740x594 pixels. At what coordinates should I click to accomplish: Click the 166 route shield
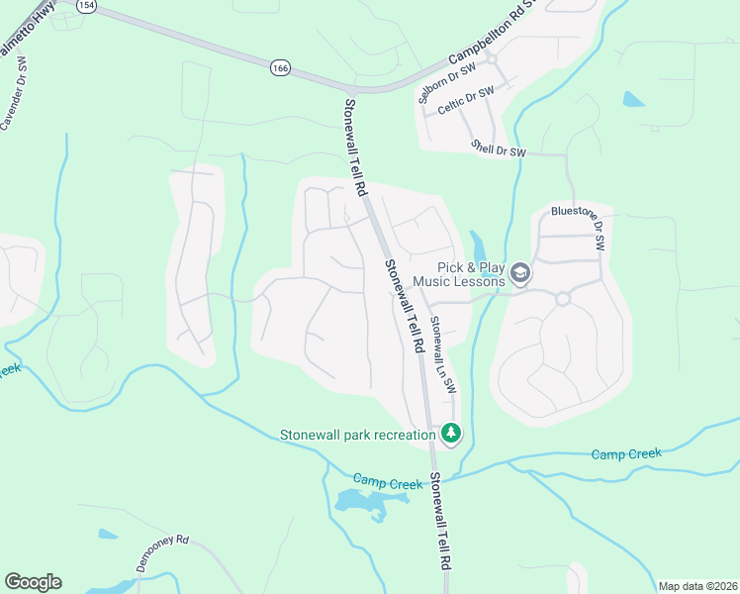[281, 68]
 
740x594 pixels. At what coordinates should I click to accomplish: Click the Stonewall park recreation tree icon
[451, 433]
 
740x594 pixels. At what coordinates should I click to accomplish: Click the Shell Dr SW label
[499, 148]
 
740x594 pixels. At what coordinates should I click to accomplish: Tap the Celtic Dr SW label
[465, 101]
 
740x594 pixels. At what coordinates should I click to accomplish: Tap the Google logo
[33, 582]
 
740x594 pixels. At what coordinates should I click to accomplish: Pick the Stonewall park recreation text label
[357, 434]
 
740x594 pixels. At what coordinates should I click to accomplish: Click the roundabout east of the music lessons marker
[563, 298]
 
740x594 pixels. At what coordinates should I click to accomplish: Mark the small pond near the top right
[633, 99]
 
